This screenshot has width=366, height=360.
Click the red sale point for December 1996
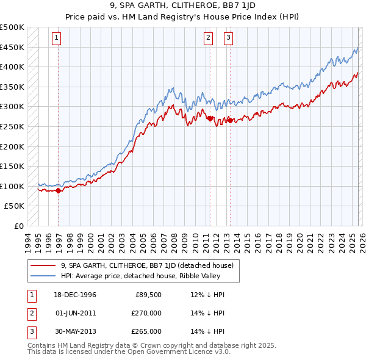(59, 190)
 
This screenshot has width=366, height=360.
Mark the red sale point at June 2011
(210, 118)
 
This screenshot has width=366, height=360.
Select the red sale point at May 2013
(230, 121)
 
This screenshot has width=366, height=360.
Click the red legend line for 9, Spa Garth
(43, 265)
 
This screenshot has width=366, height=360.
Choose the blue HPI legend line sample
(43, 275)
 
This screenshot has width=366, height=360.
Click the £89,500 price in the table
(148, 295)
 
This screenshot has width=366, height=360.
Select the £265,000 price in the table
(146, 332)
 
